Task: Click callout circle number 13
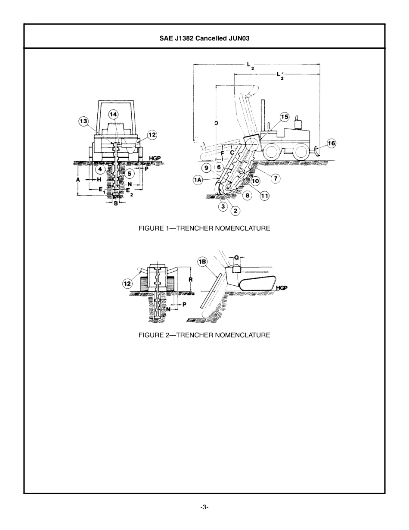tap(84, 122)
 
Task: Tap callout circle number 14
tap(113, 114)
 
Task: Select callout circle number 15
tap(285, 117)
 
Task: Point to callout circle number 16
tap(331, 143)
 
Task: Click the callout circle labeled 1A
tap(198, 180)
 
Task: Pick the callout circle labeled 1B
tap(203, 262)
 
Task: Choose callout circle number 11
tap(264, 196)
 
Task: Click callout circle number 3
tap(223, 206)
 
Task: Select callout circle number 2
tap(235, 211)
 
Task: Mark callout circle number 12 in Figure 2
tap(127, 284)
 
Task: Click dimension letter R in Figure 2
tap(190, 280)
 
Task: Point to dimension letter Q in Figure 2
tap(236, 257)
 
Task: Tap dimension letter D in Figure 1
tap(216, 123)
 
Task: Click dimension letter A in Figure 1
tap(78, 179)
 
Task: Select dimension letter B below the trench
tap(116, 203)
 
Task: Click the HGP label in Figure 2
tap(282, 287)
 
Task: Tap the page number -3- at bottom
tap(204, 507)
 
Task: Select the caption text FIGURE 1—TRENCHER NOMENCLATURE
tap(204, 228)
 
